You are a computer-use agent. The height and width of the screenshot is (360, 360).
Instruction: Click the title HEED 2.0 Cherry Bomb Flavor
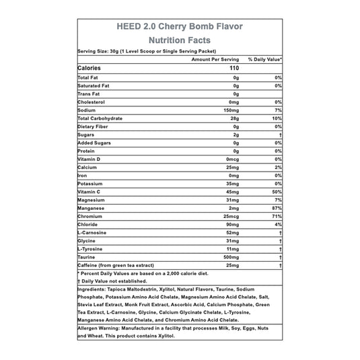coord(180,27)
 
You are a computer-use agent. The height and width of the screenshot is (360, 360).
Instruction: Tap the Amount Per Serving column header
coord(216,59)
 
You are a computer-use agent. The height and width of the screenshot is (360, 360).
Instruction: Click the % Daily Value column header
coord(264,59)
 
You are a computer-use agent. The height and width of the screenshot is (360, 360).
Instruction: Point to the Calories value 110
coord(234,69)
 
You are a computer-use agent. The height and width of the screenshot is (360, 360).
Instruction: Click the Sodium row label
coord(88,108)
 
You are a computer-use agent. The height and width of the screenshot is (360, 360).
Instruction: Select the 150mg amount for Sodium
coord(231,108)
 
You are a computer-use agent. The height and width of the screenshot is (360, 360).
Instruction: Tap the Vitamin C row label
coord(91,192)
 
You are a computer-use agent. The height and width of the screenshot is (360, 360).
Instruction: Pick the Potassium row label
coord(92,183)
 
